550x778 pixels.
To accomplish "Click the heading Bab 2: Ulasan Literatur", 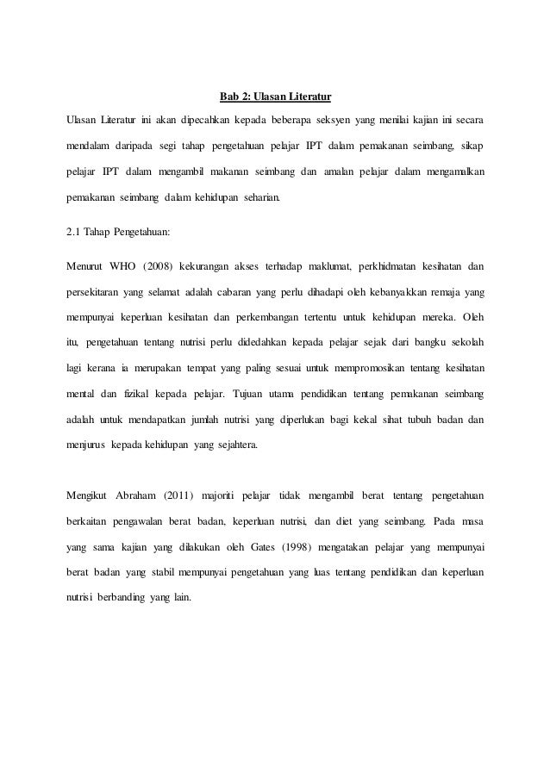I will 275,93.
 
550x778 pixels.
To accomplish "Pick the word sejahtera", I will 244,448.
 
